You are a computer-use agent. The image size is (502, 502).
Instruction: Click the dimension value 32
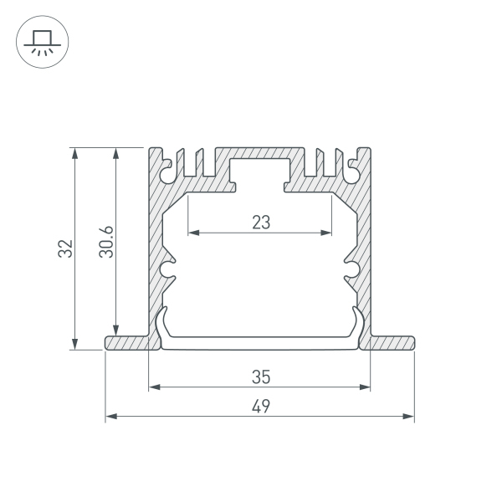coord(65,248)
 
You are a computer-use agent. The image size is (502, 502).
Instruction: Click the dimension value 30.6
coord(106,242)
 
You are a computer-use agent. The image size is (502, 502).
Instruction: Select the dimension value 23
coord(261,223)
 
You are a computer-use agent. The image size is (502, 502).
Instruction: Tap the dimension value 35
coord(261,376)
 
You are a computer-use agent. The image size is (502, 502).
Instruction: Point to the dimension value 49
coord(261,407)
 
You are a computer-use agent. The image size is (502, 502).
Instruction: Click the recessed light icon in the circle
coord(43,43)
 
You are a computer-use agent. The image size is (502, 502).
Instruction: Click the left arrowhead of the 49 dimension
coord(111,416)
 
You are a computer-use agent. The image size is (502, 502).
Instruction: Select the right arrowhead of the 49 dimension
coord(408,416)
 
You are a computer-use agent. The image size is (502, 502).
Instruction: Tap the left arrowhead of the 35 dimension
coord(155,387)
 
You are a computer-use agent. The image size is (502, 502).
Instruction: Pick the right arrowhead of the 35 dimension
coord(365,387)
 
